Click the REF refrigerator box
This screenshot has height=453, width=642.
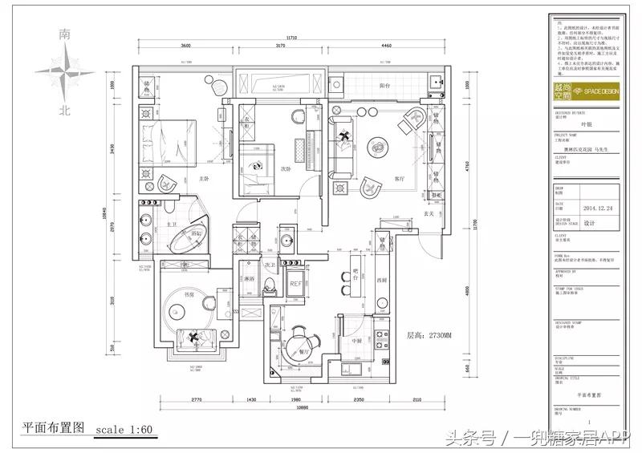coord(295,283)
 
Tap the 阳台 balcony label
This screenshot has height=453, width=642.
coord(384,86)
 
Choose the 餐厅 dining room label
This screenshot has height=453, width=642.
coord(303,352)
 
